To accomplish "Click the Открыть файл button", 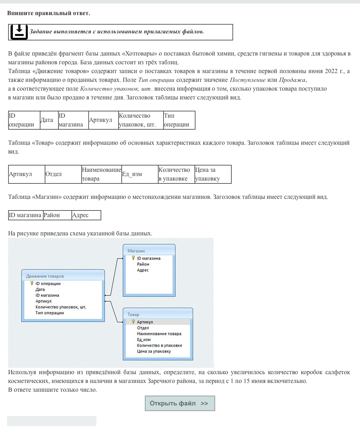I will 180,403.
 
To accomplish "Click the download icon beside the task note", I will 19,32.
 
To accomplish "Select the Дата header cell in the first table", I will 47,120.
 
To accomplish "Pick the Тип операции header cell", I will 179,120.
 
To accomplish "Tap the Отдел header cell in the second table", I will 63,174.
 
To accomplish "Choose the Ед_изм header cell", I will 140,174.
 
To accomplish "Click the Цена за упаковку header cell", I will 213,174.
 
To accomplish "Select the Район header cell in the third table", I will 57,215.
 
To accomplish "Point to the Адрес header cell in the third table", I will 86,215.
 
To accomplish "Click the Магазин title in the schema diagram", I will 136,251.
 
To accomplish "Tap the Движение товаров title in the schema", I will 45,276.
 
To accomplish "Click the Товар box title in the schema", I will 133,314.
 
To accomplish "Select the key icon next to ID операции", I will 32,283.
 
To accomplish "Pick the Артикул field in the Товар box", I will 145,322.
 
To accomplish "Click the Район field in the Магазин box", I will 143,264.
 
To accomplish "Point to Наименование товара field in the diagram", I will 159,334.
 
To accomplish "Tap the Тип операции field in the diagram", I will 50,313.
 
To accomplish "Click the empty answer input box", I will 52,421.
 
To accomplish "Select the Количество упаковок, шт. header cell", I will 141,120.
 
